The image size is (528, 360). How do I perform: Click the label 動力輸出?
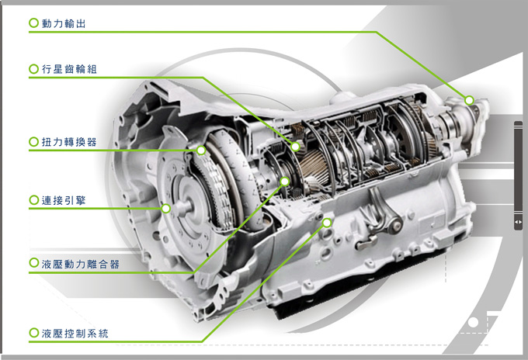point(64,23)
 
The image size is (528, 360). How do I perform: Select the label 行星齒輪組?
point(69,69)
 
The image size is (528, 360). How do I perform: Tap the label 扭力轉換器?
point(69,142)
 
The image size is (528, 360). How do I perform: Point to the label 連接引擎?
point(64,200)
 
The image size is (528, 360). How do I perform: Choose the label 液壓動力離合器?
point(81,264)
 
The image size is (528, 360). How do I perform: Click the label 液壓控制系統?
point(75,334)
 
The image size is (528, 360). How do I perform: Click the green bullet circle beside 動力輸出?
point(33,22)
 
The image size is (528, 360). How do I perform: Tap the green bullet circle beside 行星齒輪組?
point(33,68)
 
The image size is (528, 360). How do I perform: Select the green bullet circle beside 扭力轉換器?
point(33,141)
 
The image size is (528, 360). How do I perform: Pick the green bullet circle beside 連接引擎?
point(33,200)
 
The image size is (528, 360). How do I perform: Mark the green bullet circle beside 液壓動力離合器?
point(33,262)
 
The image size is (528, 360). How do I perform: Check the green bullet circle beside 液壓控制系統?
point(33,333)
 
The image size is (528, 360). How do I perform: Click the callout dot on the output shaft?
point(469,100)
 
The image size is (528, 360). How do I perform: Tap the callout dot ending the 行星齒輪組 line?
point(295,147)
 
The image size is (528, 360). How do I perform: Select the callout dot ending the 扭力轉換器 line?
point(201,150)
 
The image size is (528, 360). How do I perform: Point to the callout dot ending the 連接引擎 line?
point(165,209)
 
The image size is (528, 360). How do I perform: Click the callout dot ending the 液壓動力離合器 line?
point(284,182)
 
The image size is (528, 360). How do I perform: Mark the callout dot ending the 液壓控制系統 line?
point(327,223)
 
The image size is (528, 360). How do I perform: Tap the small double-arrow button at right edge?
point(518,222)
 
